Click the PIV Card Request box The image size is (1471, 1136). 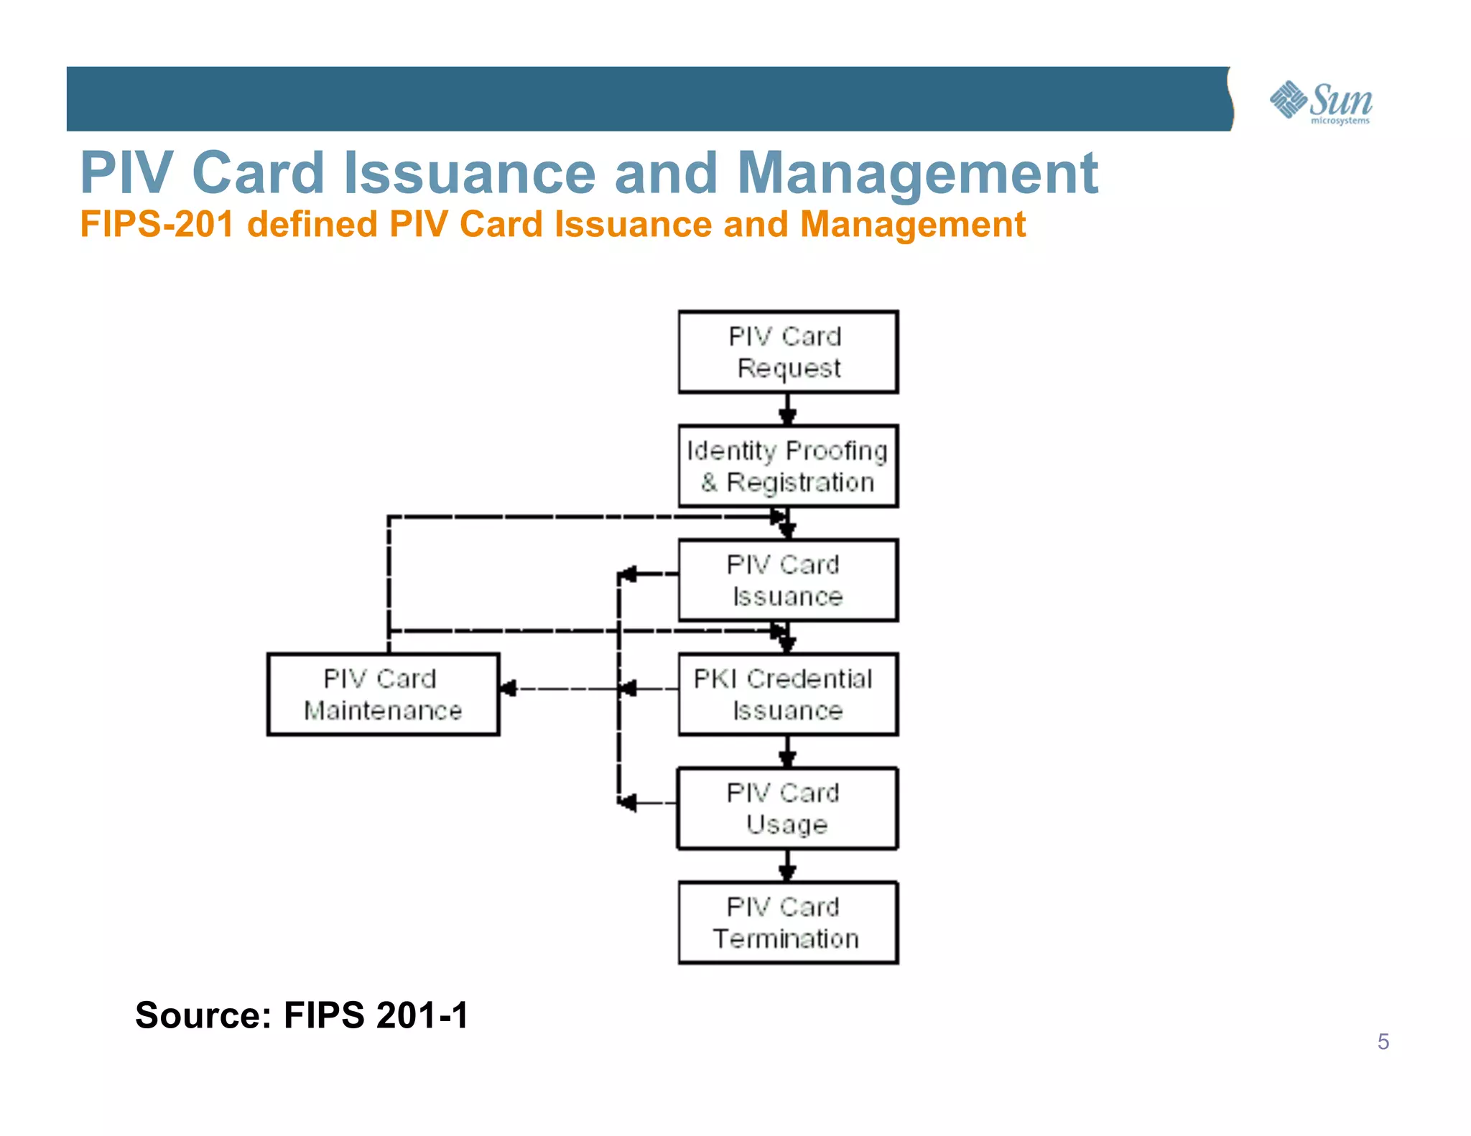[x=788, y=352]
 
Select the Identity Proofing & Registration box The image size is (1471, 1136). [x=788, y=466]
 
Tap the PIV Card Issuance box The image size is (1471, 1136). [x=788, y=580]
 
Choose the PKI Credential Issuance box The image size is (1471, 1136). [x=788, y=694]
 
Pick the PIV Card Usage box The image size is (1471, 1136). [x=788, y=809]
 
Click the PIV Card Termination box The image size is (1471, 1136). [x=788, y=923]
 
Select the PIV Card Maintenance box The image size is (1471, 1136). [x=383, y=694]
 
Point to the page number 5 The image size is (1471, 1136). [x=1383, y=1041]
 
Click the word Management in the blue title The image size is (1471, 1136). [x=917, y=173]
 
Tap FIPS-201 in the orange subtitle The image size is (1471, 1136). [x=157, y=224]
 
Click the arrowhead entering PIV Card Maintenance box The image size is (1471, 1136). [x=509, y=689]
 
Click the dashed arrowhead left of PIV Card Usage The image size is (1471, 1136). [x=628, y=802]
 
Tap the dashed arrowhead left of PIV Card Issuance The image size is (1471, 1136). [x=628, y=574]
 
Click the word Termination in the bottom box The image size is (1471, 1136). [x=786, y=939]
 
